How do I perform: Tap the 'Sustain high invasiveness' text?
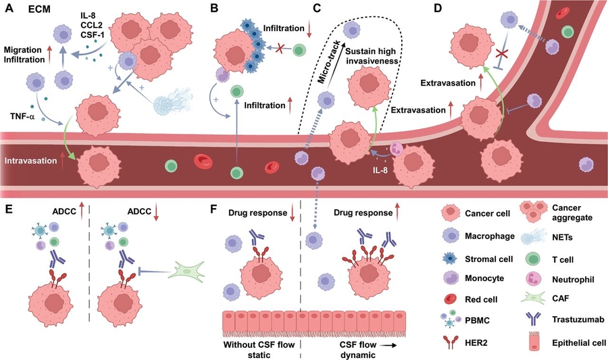click(375, 58)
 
